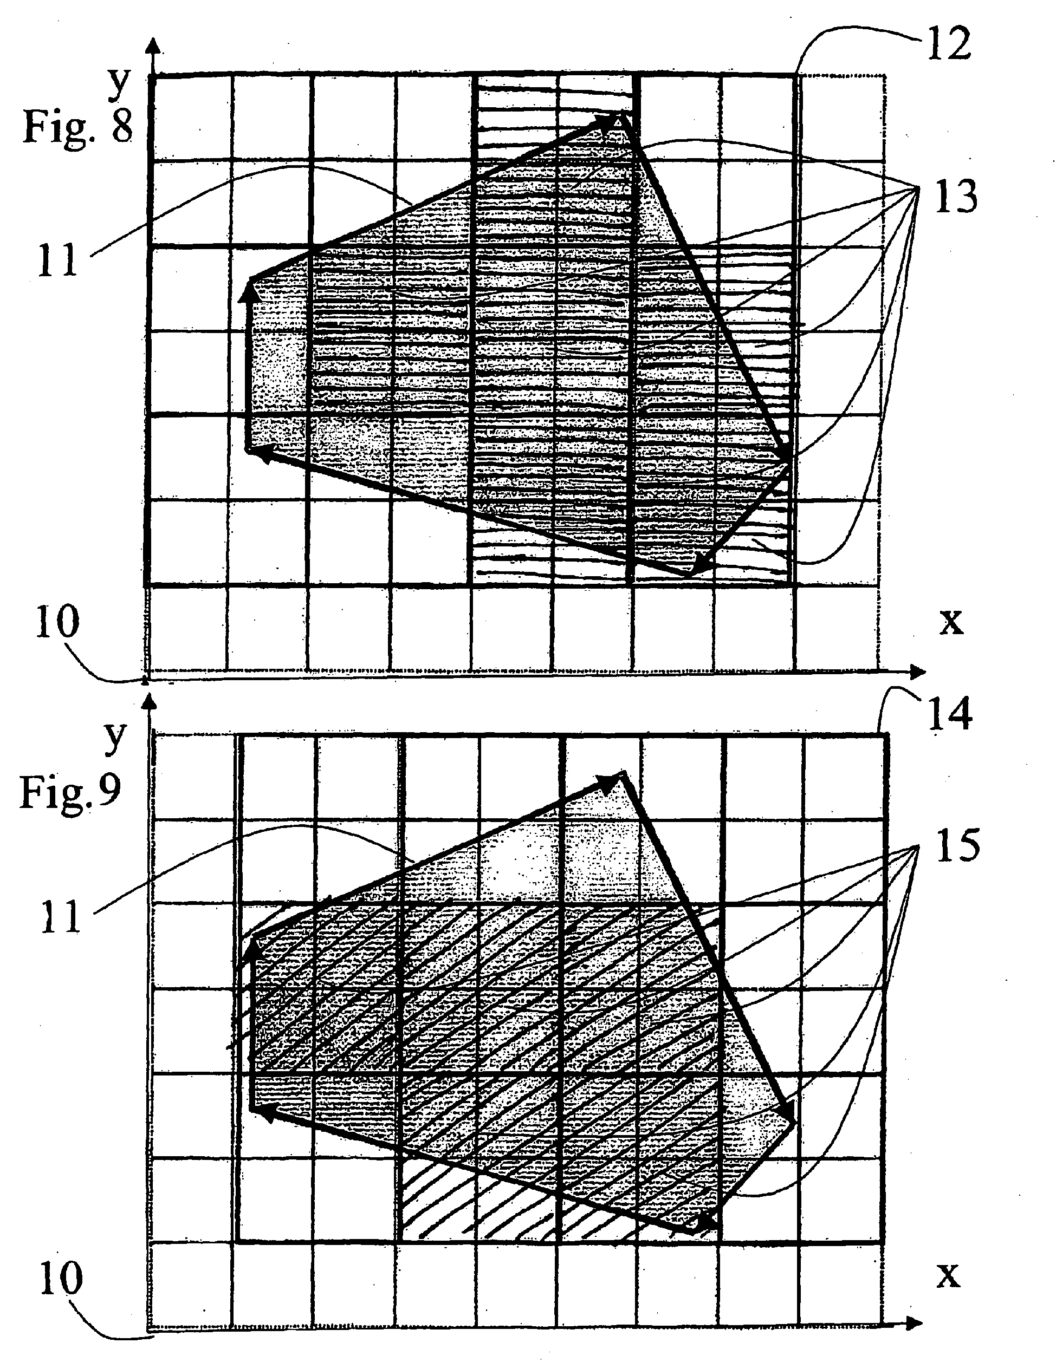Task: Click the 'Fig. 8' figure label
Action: tap(78, 127)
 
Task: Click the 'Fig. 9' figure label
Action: tap(70, 792)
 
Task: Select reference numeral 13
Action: tap(956, 196)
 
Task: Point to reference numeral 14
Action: tap(950, 715)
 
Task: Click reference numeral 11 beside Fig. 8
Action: tap(57, 260)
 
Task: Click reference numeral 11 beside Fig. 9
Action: tap(61, 918)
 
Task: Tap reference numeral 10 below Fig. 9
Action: tap(61, 1279)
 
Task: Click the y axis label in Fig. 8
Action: tap(118, 83)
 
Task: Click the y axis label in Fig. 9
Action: tap(115, 738)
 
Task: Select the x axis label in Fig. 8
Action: tap(951, 621)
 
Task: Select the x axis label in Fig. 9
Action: tap(948, 1274)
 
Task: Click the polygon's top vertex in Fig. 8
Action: tap(621, 113)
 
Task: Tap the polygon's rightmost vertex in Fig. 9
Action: tap(793, 1122)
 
